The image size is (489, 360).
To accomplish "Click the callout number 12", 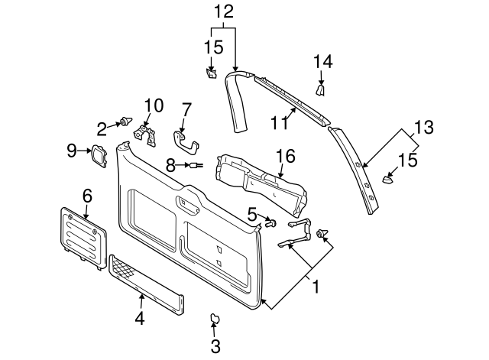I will pyautogui.click(x=222, y=11).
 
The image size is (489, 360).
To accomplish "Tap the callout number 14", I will pyautogui.click(x=323, y=62).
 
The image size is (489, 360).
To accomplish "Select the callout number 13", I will pyautogui.click(x=423, y=127).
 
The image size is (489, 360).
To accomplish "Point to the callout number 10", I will pyautogui.click(x=154, y=105).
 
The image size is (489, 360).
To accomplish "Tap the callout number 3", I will pyautogui.click(x=215, y=345).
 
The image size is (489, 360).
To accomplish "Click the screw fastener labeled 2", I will pyautogui.click(x=123, y=122).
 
